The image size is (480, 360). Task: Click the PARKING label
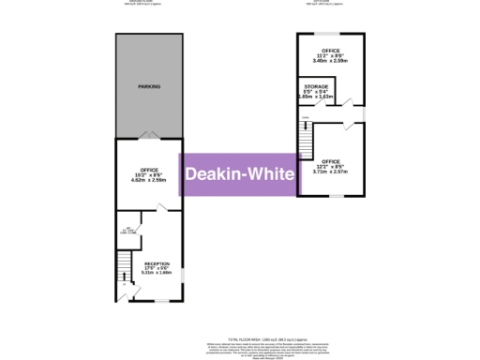148,86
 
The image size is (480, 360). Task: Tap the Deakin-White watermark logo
239,174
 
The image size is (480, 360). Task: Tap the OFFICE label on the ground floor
148,169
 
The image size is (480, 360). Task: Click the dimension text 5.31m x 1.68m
157,274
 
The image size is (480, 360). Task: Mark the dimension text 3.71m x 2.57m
330,172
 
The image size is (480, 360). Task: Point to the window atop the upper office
330,34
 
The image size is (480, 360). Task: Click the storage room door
343,103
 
